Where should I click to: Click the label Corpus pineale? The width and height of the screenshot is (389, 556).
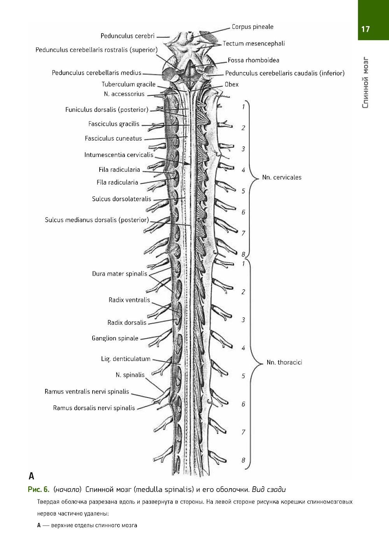[252, 27]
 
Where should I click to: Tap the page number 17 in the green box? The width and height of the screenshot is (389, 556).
[365, 29]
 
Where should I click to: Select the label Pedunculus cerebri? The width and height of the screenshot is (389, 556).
[128, 36]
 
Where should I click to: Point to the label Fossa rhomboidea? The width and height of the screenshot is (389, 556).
[253, 60]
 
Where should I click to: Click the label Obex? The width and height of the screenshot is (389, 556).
[231, 84]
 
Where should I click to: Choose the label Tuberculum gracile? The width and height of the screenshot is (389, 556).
[128, 84]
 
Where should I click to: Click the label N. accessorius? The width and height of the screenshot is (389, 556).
[124, 94]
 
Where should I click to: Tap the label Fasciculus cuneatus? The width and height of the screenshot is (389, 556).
[114, 139]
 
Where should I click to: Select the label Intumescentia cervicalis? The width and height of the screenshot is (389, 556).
[119, 155]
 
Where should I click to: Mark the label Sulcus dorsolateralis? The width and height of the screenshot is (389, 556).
[121, 199]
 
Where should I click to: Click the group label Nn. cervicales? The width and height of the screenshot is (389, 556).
[282, 178]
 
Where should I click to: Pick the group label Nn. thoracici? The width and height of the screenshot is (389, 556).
[284, 362]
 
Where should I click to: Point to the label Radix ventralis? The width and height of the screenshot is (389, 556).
[129, 300]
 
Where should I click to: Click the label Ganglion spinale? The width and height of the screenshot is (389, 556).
[115, 338]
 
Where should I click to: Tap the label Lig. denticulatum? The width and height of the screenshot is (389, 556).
[126, 359]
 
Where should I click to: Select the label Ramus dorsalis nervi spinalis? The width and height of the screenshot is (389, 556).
[94, 408]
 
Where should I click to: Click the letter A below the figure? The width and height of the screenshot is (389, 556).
[32, 476]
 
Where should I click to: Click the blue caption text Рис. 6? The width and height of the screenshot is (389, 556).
[38, 489]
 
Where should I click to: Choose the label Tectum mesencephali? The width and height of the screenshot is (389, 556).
[254, 44]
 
